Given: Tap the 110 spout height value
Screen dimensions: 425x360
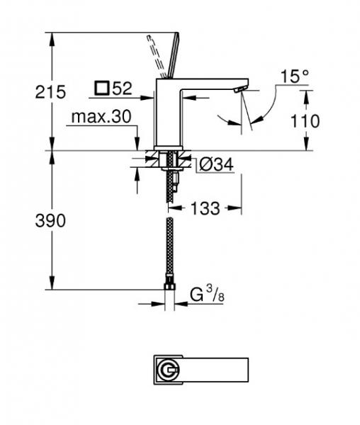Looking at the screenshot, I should point(305,120).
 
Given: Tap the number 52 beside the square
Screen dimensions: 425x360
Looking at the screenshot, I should point(122,89).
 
